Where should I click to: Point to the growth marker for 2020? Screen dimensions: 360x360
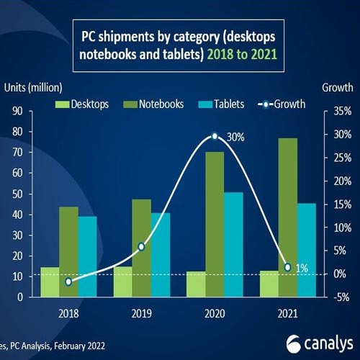(x=214, y=136)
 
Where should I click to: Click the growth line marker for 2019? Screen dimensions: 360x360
(x=141, y=247)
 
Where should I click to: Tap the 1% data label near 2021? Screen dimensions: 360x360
(x=301, y=269)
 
